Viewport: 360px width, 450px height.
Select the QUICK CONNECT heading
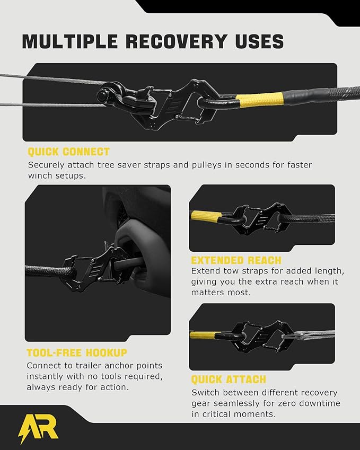(68, 152)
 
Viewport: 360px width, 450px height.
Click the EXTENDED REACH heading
(236, 260)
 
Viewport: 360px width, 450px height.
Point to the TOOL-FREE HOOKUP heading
(77, 352)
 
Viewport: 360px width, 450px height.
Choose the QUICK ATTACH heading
(229, 380)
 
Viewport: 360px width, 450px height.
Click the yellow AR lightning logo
(39, 428)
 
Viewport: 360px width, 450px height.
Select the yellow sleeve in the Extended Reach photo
(206, 216)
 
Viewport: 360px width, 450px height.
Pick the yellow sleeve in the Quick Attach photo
(205, 335)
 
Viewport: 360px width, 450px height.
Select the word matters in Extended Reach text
(207, 293)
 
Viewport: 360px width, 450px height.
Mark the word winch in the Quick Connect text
(40, 175)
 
